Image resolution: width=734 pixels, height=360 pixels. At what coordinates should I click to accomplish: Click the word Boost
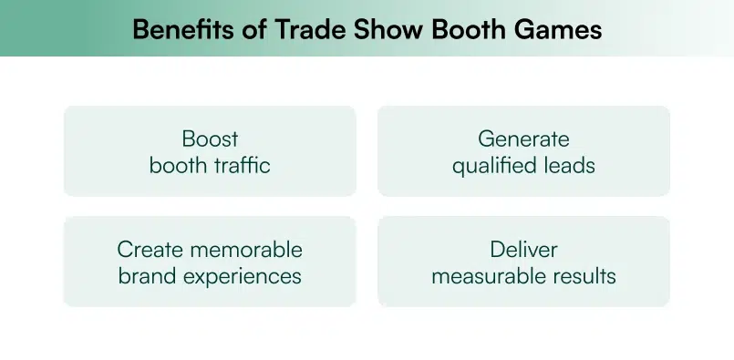tap(210, 139)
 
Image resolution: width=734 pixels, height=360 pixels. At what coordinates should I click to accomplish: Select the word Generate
tap(523, 139)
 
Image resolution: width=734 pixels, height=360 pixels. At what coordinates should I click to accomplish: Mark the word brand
tap(145, 275)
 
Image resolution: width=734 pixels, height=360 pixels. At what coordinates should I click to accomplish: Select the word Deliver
tap(523, 249)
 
